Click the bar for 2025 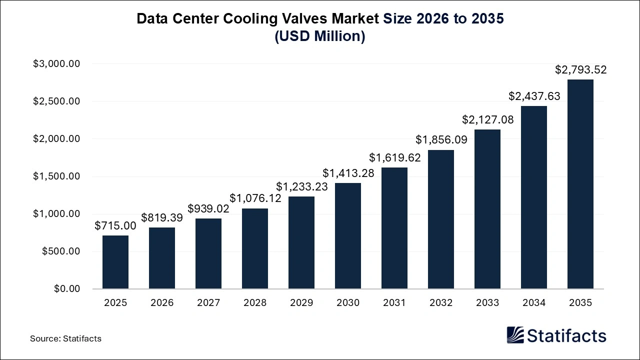click(115, 262)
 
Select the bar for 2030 click(348, 236)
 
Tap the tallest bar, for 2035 click(580, 184)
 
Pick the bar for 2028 click(255, 248)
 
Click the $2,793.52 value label click(580, 70)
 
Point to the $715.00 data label click(115, 226)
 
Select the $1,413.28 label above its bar click(348, 173)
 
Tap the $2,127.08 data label click(487, 120)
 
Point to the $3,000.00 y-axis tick click(56, 64)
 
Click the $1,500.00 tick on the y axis click(56, 176)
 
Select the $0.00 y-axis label click(67, 289)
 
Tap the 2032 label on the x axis click(441, 303)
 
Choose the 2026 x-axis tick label click(162, 303)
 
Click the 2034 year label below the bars click(534, 303)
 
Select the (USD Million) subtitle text click(320, 36)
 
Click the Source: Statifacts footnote click(65, 338)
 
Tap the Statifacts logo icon click(515, 335)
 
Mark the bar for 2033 click(487, 209)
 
